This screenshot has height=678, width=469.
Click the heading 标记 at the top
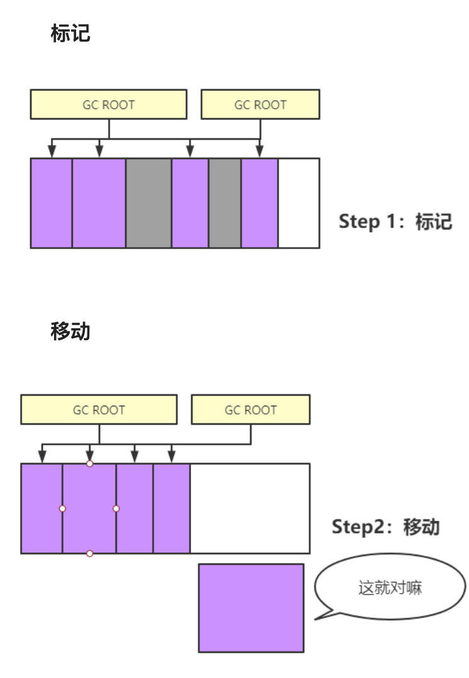(70, 34)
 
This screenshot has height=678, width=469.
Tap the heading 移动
(70, 331)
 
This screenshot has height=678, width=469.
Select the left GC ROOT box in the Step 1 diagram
(109, 104)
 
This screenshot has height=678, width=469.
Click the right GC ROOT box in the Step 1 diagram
(260, 104)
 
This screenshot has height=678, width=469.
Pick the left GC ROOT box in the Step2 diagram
(99, 410)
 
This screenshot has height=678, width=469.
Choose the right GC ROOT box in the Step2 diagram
(250, 410)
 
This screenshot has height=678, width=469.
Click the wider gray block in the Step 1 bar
(148, 203)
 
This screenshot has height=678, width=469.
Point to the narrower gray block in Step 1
(224, 203)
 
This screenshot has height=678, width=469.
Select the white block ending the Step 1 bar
(299, 203)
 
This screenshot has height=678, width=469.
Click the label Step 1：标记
(395, 221)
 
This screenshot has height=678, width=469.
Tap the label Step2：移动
(385, 526)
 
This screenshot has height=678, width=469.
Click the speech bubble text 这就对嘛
(390, 588)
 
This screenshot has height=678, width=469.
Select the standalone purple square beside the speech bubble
(251, 608)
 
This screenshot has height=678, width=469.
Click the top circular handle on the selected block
(90, 464)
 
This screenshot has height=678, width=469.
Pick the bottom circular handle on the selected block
(90, 553)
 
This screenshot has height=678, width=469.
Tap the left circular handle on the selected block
(62, 508)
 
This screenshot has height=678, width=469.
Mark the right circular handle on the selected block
(116, 508)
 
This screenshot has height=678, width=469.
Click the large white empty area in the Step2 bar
(250, 508)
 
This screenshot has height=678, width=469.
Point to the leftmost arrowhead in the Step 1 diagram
(52, 151)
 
